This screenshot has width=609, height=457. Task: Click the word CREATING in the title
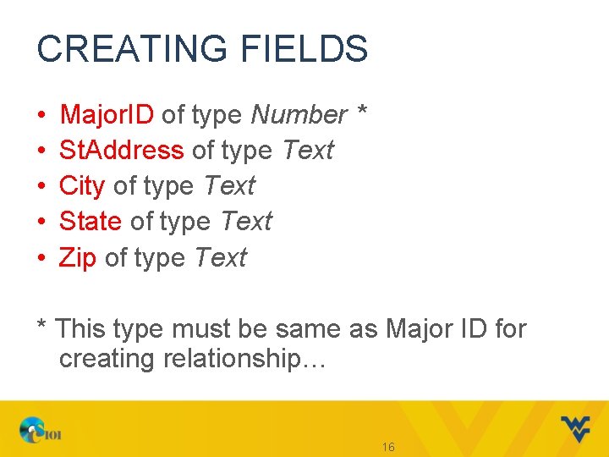point(123,49)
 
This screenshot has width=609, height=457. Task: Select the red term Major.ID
point(107,114)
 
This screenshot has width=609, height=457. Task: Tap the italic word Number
point(299,114)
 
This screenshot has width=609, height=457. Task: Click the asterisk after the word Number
point(361,110)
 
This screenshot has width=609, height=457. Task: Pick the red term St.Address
point(121,151)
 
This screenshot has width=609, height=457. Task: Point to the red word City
point(82,186)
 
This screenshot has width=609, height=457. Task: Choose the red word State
point(91,222)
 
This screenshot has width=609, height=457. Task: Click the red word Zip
point(78,258)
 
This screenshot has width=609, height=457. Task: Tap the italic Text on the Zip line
point(220,258)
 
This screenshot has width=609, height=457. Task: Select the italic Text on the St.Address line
point(308,151)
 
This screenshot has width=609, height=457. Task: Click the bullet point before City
point(41,187)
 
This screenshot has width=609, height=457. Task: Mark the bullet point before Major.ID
point(41,115)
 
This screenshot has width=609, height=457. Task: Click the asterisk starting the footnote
point(41,325)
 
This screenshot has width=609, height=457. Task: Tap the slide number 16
point(388,447)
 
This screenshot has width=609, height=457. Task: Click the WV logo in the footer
point(575,429)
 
